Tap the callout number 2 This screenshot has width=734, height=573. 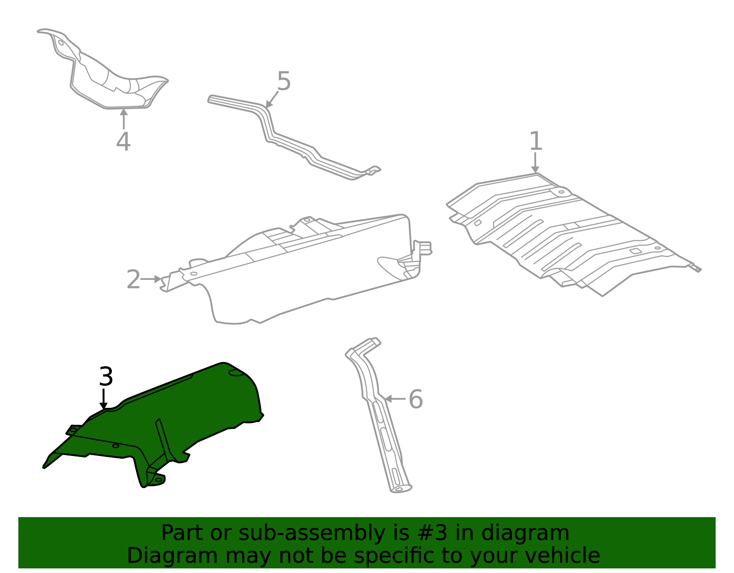pos(133,279)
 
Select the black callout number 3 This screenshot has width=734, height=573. pos(106,377)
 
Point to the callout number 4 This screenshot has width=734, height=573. pos(123,141)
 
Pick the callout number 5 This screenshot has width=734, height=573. pos(284,82)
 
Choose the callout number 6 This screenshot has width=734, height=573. pos(416,399)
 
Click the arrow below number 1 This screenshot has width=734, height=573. pos(535,163)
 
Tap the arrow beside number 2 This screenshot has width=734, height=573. pos(151,279)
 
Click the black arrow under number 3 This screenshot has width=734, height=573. pos(104,398)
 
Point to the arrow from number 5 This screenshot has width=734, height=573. pos(272,100)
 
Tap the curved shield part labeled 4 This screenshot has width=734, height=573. pos(110,78)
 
